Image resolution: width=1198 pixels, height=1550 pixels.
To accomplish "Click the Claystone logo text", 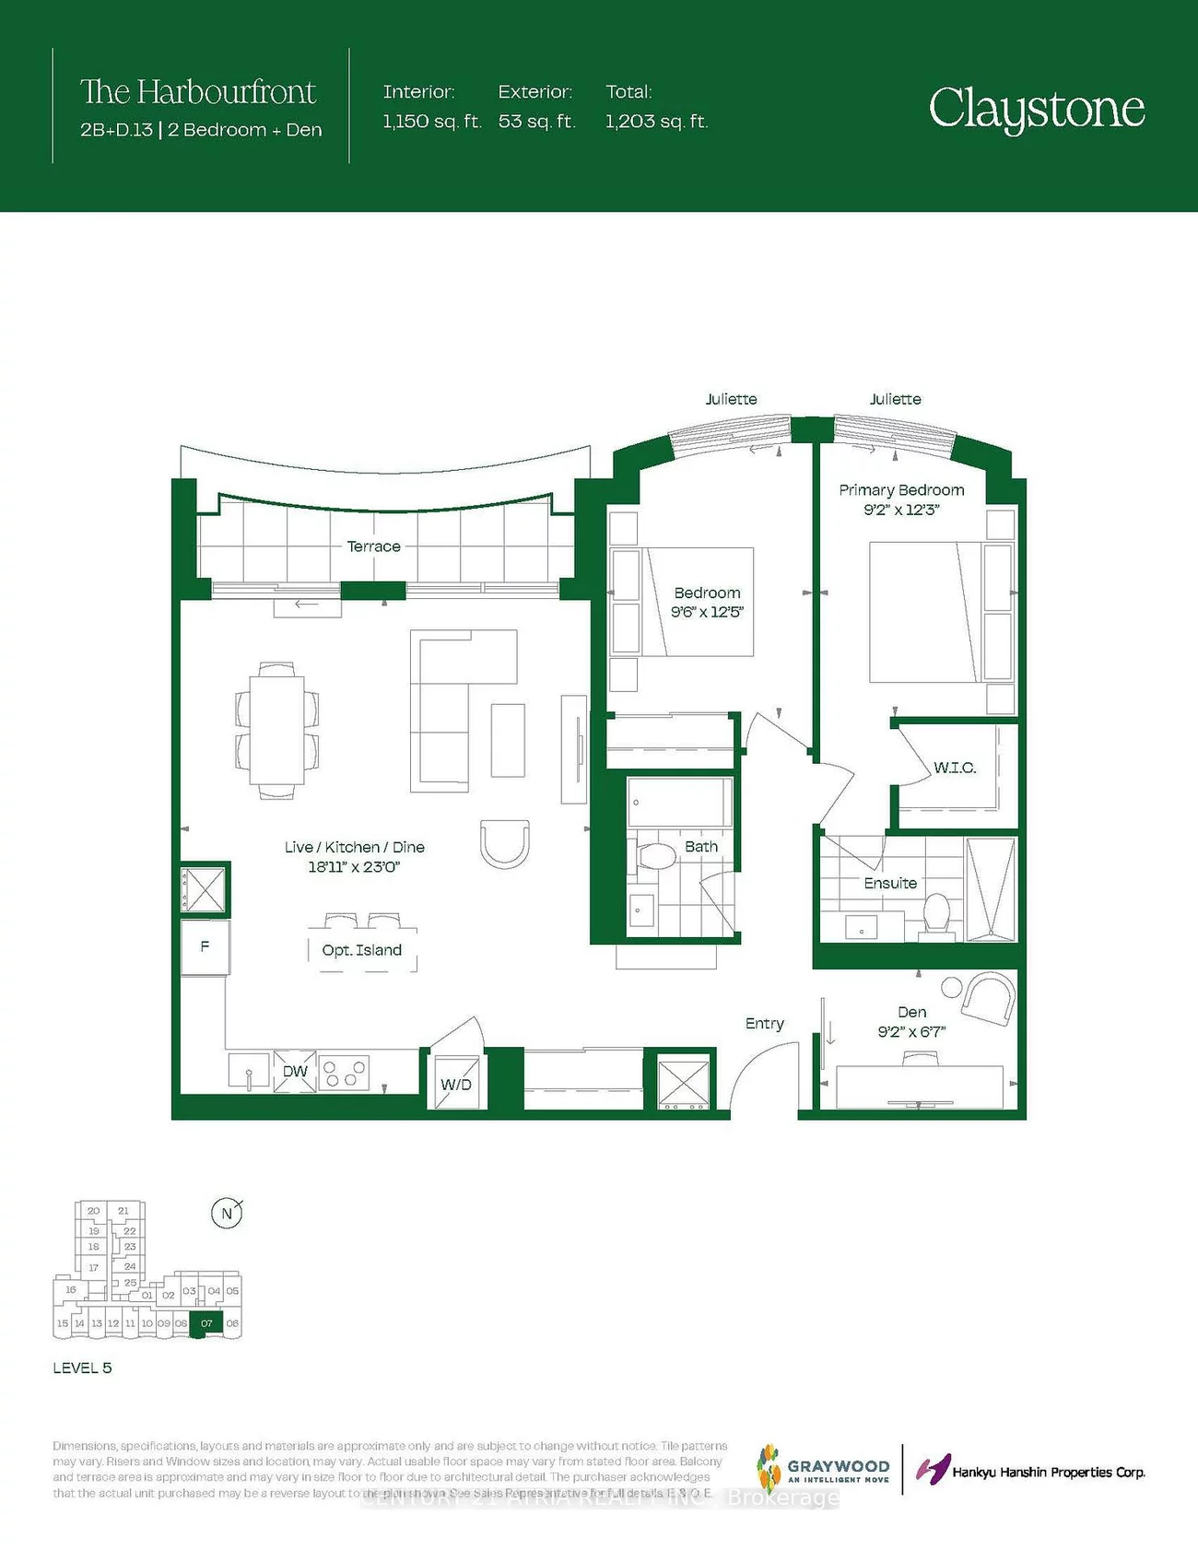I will point(1037,110).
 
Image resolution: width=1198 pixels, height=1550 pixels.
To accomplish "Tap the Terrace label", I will point(373,546).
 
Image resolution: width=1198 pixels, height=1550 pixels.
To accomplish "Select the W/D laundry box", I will point(456,1084).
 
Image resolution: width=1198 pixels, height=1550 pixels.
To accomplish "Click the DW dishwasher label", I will point(295,1071).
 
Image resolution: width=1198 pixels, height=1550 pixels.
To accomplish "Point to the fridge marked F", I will point(205,946).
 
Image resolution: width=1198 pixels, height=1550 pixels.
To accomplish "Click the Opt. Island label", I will point(362,950).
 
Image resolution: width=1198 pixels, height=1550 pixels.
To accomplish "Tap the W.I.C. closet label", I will point(955,768).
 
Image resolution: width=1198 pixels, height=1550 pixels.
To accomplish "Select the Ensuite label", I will point(890,883).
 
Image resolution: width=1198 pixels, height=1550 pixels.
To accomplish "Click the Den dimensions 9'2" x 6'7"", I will point(911,1032).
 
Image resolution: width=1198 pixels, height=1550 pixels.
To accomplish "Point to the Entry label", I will point(765,1024).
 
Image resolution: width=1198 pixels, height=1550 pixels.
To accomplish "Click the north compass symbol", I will point(227,1214).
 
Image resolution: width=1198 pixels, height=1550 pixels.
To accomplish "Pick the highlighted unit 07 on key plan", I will point(206,1323).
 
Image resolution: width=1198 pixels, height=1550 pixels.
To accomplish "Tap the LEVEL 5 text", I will point(82,1368).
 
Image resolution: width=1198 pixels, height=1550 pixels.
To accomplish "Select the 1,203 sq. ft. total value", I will point(656,122).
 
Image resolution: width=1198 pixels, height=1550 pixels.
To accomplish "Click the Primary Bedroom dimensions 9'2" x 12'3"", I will point(900,510).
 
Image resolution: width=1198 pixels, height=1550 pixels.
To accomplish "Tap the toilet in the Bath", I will point(656,856).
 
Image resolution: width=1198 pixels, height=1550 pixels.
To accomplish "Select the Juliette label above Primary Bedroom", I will point(895,399).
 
